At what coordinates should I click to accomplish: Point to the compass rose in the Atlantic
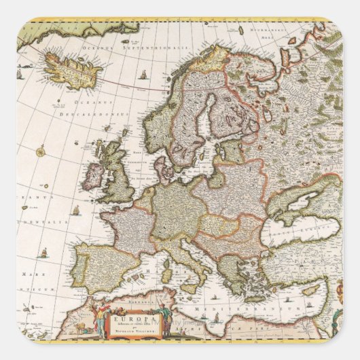[41, 150]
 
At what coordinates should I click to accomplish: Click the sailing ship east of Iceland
[143, 74]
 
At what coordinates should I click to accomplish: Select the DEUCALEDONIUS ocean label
[101, 115]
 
